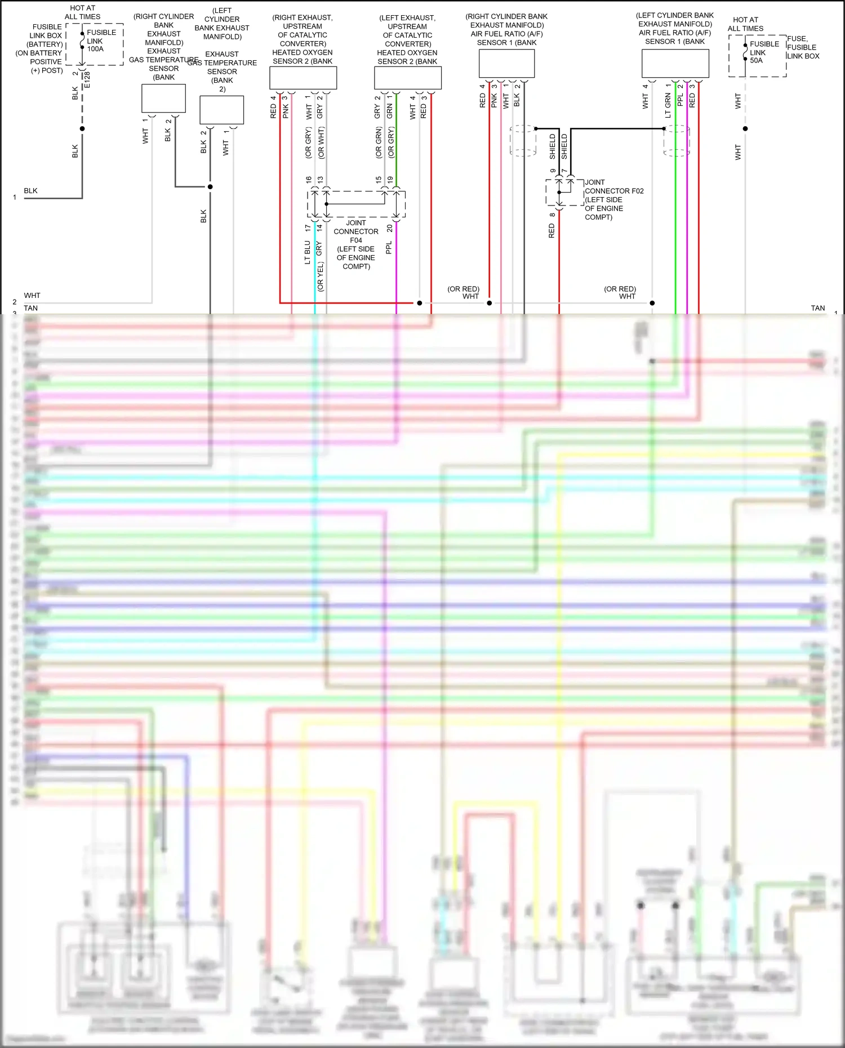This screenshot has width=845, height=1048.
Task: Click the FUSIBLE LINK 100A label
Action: coord(101,41)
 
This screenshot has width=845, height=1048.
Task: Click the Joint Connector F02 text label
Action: coord(613,199)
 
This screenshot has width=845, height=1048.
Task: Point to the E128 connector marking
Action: coord(87,79)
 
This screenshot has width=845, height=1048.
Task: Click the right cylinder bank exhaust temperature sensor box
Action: coord(163,98)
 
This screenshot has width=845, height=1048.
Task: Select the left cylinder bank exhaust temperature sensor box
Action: coord(221,109)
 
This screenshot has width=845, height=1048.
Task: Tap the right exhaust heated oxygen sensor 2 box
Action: coord(303,78)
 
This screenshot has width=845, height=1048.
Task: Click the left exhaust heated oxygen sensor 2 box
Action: coord(407,78)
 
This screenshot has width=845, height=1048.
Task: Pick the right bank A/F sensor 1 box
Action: coord(506,64)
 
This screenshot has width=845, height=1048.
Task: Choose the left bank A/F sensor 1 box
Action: coord(675,64)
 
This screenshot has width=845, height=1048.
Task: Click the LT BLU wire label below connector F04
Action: coord(308,252)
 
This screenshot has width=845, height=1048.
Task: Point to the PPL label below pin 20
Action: coord(389,248)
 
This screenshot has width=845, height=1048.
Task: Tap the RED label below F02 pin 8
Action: coord(552,230)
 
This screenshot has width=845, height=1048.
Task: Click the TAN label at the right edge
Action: coord(817,308)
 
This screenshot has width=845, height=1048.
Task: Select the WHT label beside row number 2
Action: coord(32,295)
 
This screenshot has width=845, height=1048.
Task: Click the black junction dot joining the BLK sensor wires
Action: coord(210,186)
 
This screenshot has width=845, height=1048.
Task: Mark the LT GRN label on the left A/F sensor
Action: coord(668,105)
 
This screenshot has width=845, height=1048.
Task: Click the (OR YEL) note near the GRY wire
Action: coord(321,277)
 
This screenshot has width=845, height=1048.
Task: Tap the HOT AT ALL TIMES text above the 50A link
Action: coord(745,24)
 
